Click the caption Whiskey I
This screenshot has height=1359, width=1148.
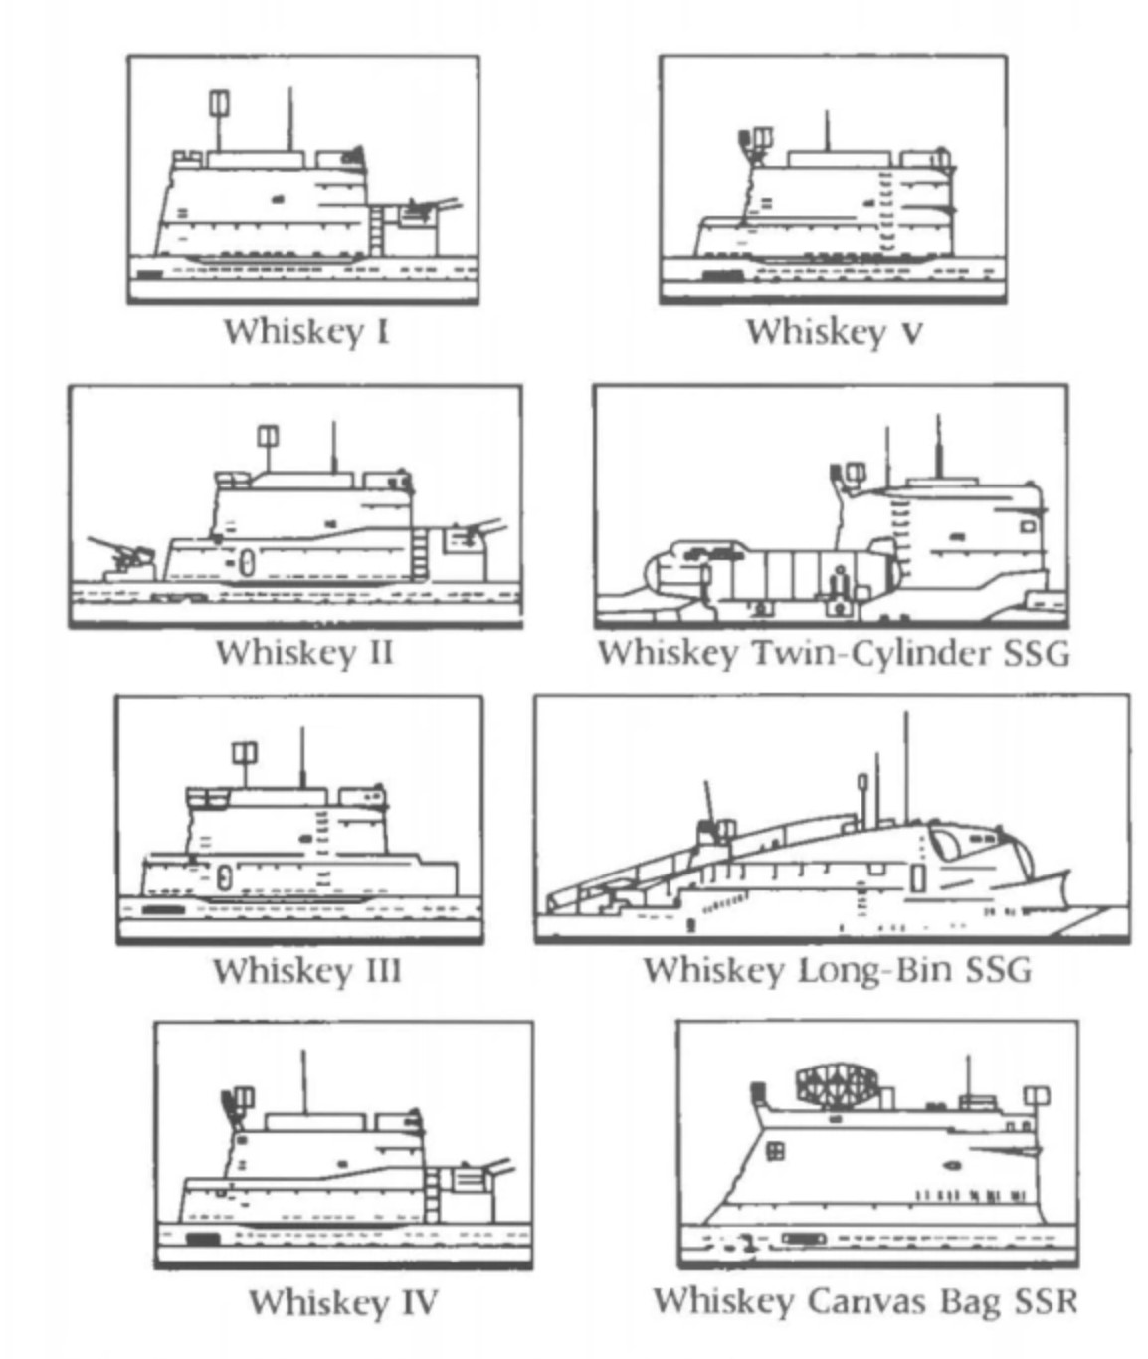[x=305, y=331]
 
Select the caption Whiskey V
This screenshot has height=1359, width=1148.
[x=834, y=331]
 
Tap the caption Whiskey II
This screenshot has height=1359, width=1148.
[x=304, y=653]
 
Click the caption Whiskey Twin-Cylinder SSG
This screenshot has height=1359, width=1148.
[x=834, y=653]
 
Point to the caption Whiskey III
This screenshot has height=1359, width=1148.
[x=306, y=970]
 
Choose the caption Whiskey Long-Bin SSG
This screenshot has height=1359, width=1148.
[x=837, y=969]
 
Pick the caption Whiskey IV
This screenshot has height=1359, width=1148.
[x=342, y=1301]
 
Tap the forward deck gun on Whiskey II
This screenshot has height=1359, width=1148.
[x=121, y=556]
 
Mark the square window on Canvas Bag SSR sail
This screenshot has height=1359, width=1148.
[x=775, y=1151]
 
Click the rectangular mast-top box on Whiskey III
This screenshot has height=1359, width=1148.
[x=244, y=752]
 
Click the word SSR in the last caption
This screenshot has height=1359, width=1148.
[x=1045, y=1301]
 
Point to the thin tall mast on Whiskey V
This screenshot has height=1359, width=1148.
[x=826, y=131]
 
